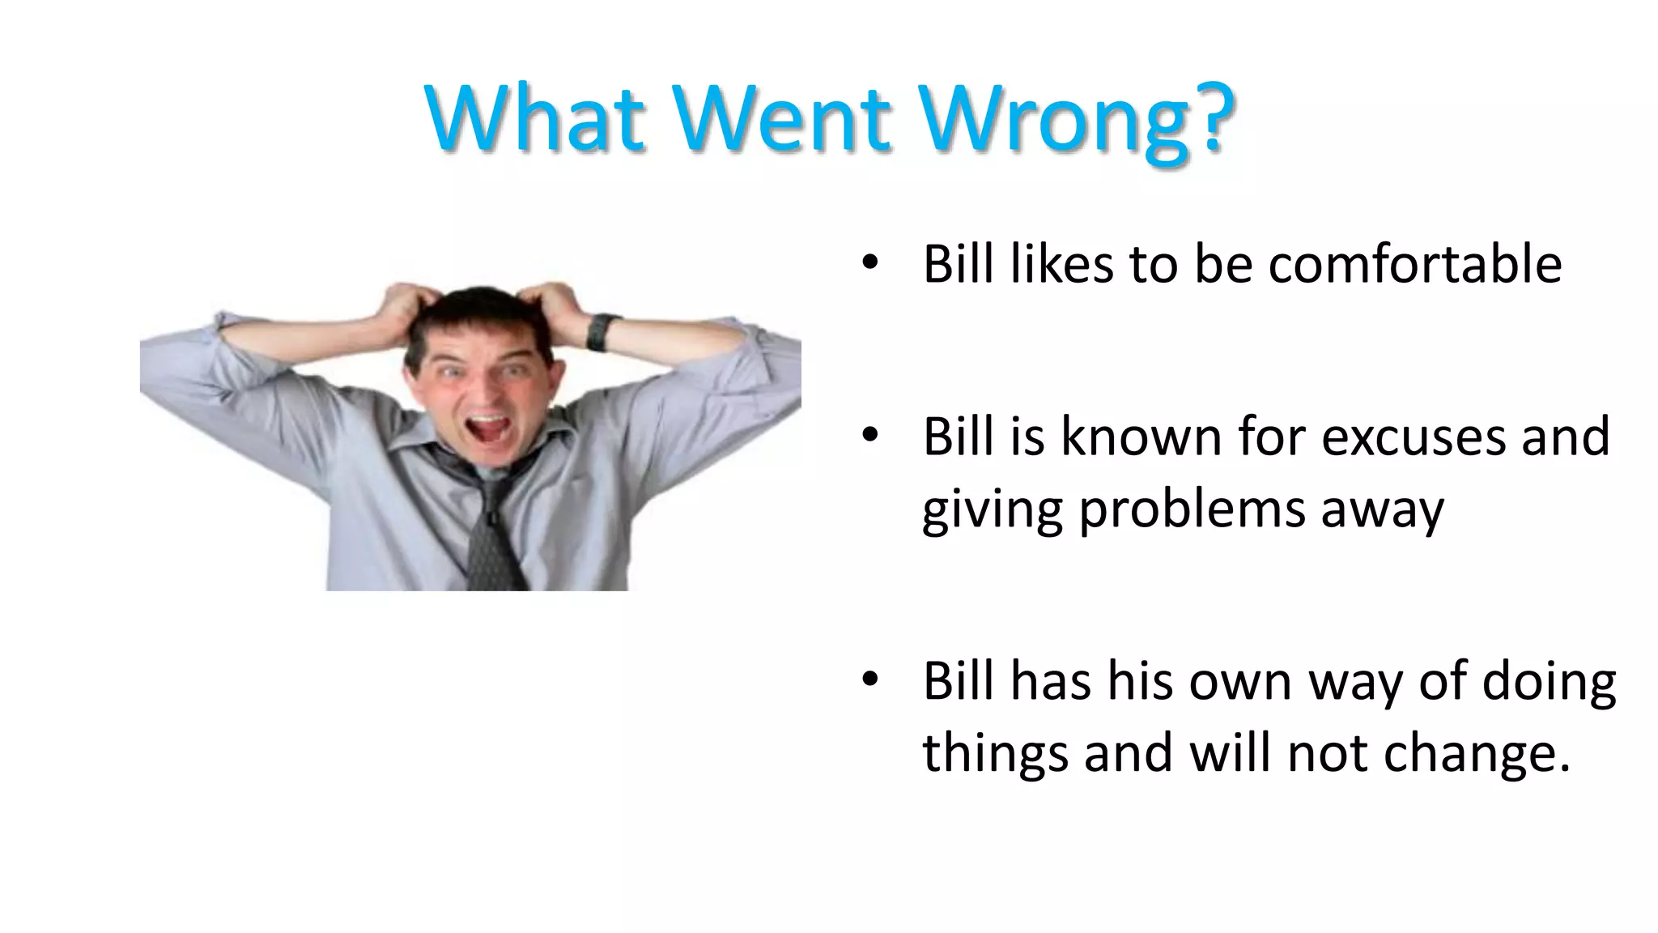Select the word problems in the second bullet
tap(1192, 510)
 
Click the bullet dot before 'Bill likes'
tap(869, 262)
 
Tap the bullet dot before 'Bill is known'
tap(869, 436)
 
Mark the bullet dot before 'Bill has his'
tap(869, 680)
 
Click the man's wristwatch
tap(600, 330)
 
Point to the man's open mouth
tap(488, 428)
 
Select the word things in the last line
tap(996, 753)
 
